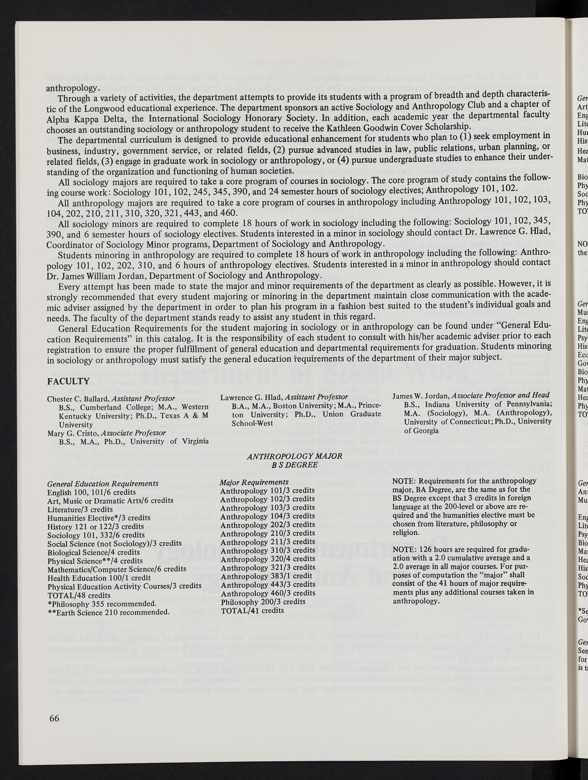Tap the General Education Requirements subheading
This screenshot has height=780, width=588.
point(103,483)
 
